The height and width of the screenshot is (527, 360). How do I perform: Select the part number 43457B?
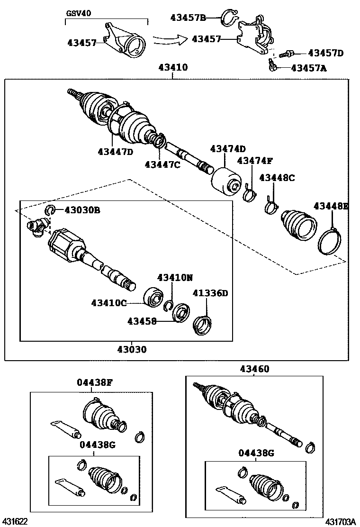click(188, 18)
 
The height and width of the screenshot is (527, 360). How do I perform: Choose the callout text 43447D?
click(116, 152)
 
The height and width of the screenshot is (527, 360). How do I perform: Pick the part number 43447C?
click(162, 164)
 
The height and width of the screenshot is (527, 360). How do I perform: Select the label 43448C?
click(277, 178)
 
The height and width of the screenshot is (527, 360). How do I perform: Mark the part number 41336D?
click(210, 293)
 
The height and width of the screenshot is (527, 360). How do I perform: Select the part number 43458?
click(142, 321)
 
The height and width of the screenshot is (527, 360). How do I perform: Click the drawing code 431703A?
click(340, 521)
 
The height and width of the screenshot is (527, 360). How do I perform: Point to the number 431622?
click(16, 521)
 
